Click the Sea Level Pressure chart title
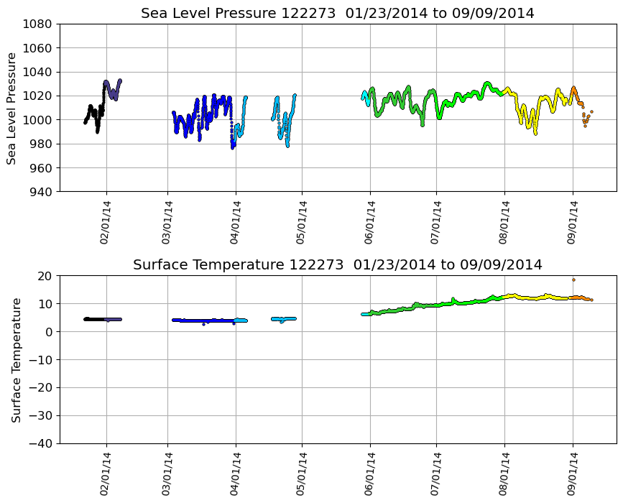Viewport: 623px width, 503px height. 337,14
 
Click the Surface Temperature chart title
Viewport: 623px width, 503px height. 337,265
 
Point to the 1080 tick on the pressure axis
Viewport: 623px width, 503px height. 39,24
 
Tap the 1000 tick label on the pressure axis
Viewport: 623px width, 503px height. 39,120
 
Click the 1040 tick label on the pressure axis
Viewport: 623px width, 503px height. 39,72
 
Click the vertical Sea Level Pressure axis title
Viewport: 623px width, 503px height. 12,108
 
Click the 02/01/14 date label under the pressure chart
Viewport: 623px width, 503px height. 105,223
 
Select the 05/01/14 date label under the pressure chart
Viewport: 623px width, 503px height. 301,223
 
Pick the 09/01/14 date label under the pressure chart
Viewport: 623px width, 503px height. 572,223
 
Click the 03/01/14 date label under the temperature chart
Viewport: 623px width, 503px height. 167,474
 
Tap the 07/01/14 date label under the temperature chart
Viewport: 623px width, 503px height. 435,474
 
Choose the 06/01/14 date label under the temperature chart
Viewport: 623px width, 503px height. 369,474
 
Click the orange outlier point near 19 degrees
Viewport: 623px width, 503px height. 573,280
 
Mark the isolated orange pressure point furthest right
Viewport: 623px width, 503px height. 591,112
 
